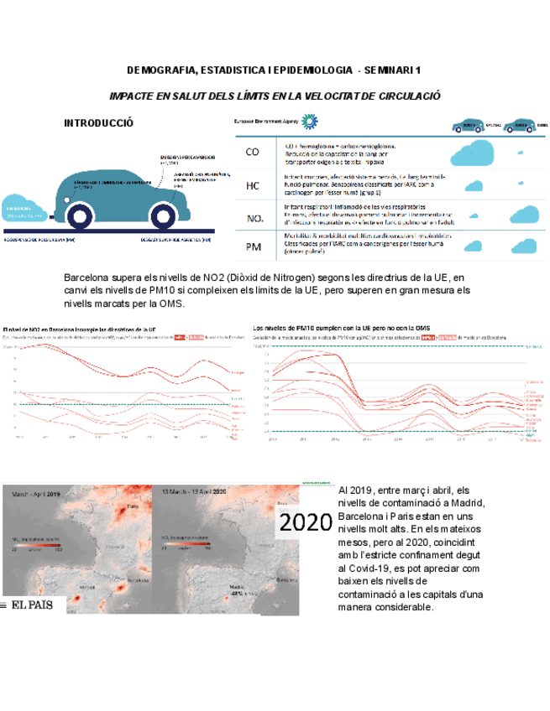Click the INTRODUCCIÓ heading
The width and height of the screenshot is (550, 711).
coord(98,123)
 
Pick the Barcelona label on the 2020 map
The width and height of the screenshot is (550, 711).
coord(287,579)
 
